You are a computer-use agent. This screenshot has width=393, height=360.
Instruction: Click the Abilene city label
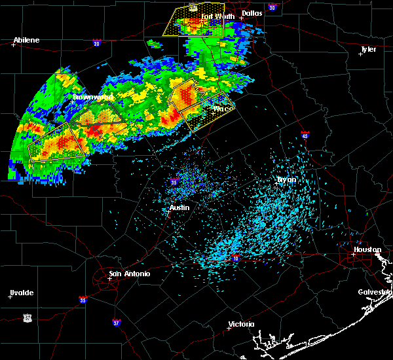[x=26, y=40]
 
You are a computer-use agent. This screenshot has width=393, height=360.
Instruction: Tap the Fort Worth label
[x=217, y=16]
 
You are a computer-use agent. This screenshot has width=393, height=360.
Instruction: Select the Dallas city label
[x=251, y=12]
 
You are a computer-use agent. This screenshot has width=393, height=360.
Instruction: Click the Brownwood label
[x=93, y=97]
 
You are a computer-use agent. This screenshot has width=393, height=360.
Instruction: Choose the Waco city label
[x=223, y=109]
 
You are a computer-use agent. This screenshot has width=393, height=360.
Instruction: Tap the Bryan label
[x=286, y=179]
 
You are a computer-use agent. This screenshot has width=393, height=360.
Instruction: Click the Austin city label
[x=179, y=207]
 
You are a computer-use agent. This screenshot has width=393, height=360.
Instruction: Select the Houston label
[x=367, y=249]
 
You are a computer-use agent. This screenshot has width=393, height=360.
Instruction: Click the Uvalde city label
[x=21, y=293]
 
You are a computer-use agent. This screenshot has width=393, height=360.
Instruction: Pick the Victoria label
[x=240, y=324]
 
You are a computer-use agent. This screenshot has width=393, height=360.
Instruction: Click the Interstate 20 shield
[x=96, y=44]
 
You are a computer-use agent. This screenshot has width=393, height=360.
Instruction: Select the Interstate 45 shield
[x=305, y=136]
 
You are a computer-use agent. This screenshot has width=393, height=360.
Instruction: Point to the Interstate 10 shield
[x=234, y=259]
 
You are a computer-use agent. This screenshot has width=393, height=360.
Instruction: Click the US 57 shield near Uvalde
[x=27, y=317]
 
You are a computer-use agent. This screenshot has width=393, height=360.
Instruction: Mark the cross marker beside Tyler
[x=361, y=54]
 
